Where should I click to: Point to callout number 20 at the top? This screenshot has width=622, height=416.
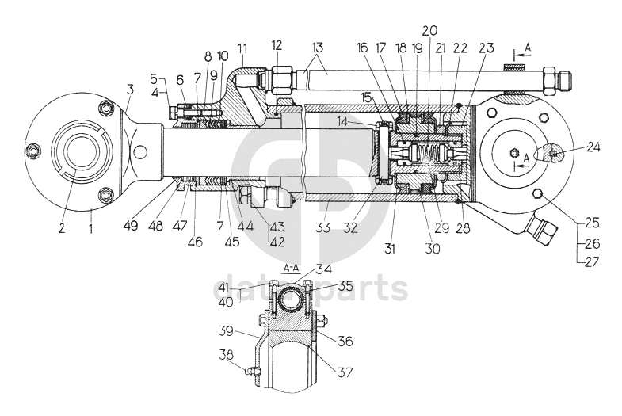click(x=429, y=30)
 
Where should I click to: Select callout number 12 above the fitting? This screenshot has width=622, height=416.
click(x=277, y=45)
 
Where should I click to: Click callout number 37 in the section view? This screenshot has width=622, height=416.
click(x=345, y=370)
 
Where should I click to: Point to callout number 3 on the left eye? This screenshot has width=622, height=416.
click(x=129, y=90)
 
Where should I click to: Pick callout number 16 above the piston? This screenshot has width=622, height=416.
click(x=362, y=48)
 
